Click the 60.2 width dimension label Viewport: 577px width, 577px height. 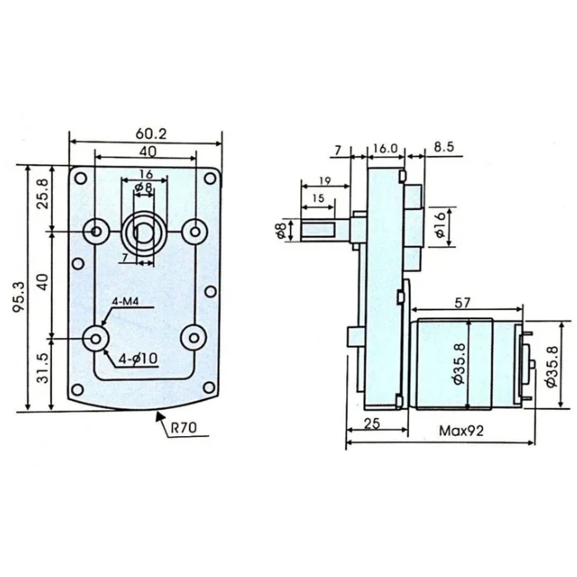coord(151,134)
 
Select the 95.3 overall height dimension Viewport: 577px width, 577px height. coord(18,297)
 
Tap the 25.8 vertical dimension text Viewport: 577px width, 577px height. coord(43,194)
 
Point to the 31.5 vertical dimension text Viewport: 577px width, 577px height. coord(43,368)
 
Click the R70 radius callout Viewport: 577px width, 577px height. coord(184,428)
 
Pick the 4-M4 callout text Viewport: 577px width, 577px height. coord(125,302)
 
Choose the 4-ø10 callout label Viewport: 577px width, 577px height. coord(138,359)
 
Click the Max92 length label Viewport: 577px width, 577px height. coord(461,430)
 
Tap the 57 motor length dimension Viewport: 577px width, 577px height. coord(462,303)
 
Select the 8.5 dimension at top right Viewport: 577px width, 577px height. coord(443,147)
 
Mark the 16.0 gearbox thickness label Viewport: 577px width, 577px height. coord(385,148)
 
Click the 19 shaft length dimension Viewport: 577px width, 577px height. coord(325,181)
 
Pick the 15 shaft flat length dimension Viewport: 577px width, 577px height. coord(318,199)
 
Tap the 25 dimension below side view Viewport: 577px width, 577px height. coord(372,424)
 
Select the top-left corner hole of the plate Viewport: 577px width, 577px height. coord(81,179)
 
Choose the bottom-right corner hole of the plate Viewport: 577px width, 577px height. coord(209,387)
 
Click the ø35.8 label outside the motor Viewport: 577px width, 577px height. coord(552,367)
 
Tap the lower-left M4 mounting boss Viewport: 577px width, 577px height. coord(96,338)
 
